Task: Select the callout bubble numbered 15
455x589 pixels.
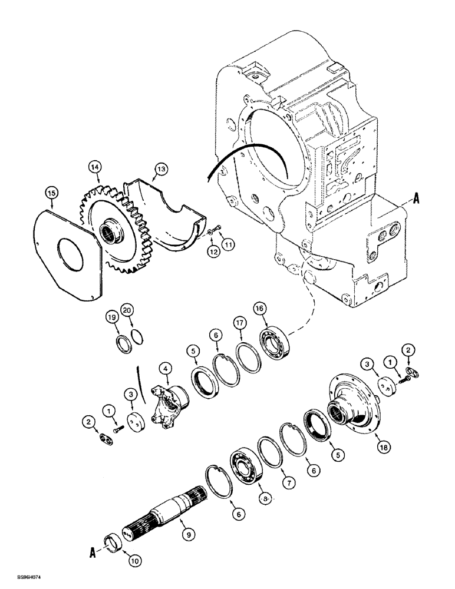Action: point(52,193)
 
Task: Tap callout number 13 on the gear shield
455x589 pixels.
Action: point(159,170)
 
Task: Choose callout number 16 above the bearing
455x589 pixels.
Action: point(259,307)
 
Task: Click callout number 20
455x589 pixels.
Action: point(127,310)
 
